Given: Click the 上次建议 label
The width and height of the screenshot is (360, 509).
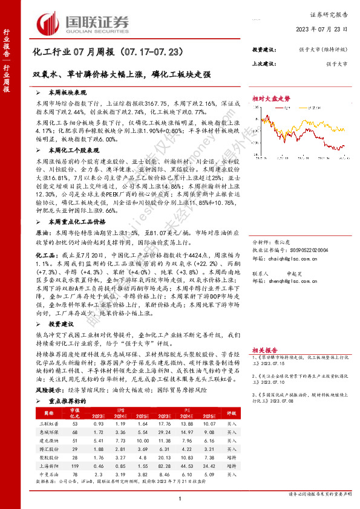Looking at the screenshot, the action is click(264, 63).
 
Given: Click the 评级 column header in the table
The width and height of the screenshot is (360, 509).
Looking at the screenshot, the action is click(231, 414).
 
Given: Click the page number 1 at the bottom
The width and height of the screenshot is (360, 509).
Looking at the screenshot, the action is click(180, 498).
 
